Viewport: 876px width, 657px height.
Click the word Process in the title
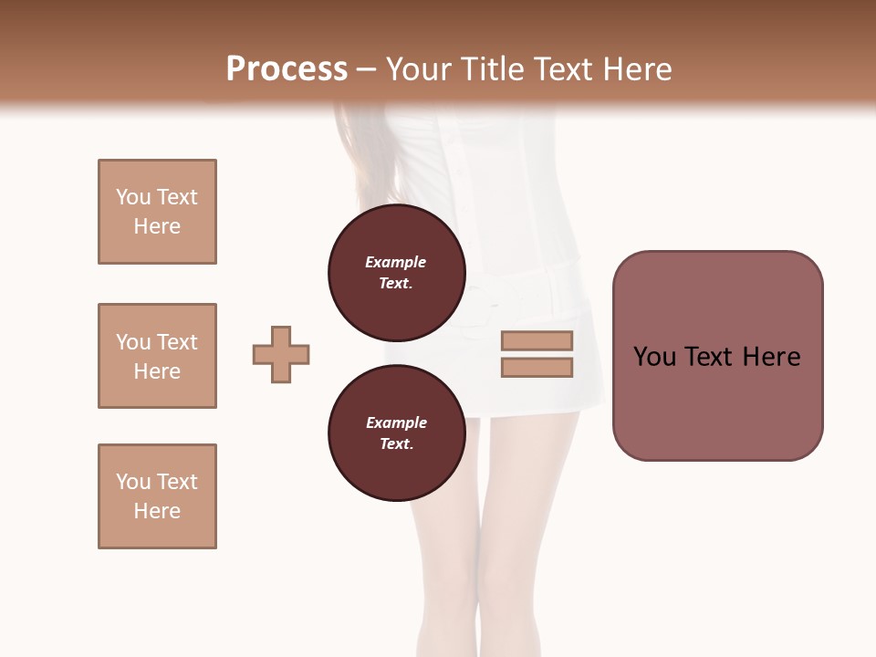(x=287, y=69)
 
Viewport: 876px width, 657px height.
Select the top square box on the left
(x=157, y=212)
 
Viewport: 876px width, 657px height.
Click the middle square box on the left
(x=157, y=356)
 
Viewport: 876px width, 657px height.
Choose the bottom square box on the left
(x=157, y=496)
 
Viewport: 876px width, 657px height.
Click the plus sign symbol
(x=281, y=354)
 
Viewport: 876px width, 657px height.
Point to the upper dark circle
(x=397, y=272)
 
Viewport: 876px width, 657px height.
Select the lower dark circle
(x=397, y=433)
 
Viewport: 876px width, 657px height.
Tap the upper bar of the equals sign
(x=537, y=341)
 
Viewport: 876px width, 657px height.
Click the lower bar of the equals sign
(x=537, y=368)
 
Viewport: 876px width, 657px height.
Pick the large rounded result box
(x=717, y=355)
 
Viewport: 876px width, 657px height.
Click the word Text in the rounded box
(x=711, y=357)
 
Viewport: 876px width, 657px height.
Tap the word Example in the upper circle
(x=396, y=262)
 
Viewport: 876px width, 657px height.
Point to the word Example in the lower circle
(x=396, y=422)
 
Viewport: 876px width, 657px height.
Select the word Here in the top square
(x=157, y=226)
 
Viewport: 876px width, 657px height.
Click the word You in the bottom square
(x=133, y=482)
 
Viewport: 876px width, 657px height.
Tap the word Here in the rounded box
(x=771, y=357)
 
